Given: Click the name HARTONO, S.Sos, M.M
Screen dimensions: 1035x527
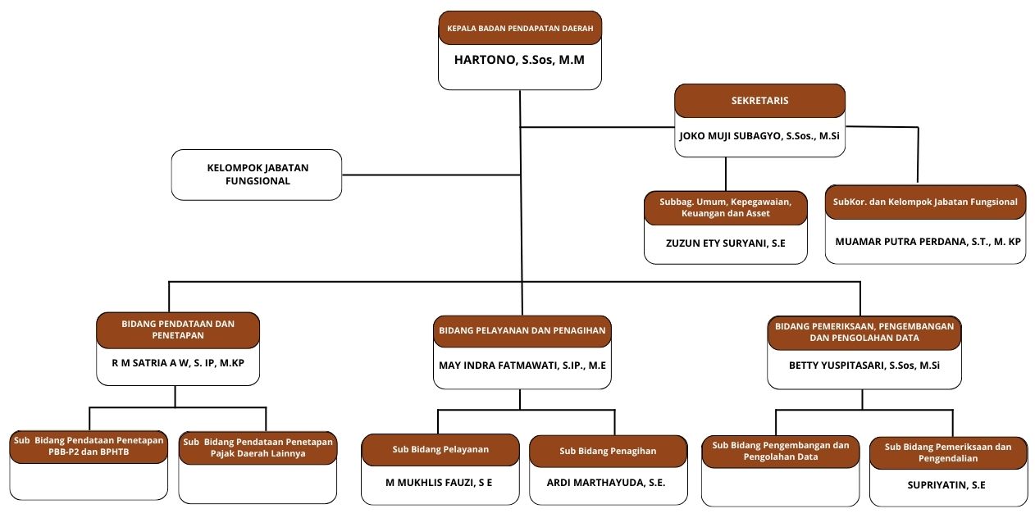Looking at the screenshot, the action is pos(519,60).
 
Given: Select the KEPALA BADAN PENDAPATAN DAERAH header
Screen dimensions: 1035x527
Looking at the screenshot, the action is pos(520,28).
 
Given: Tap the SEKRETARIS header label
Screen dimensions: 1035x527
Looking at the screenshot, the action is pos(759,101).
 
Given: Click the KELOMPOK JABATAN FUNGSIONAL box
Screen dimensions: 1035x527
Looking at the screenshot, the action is pos(257,175).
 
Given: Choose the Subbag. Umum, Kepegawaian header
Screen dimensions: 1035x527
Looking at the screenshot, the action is pos(726,208).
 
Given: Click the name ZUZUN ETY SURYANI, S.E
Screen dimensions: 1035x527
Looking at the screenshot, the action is pos(726,243).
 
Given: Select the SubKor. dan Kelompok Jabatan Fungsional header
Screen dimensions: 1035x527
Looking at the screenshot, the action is pos(925,202).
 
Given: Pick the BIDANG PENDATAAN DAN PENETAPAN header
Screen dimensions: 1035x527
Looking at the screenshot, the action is pos(178,329).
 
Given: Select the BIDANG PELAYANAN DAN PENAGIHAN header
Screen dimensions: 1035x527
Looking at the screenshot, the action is pos(522,330).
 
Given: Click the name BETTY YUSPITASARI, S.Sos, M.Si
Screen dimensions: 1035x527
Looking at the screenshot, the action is pos(864,366).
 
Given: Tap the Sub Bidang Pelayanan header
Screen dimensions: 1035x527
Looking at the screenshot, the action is pos(440,449).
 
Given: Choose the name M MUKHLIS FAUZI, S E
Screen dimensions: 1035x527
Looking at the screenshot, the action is pos(439,483).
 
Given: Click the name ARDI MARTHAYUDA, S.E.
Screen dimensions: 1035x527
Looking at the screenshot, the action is pos(606,483).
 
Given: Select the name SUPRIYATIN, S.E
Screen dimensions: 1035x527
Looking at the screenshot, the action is pos(946,485).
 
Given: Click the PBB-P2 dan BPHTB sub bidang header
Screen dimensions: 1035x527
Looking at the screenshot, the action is pos(89,447).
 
